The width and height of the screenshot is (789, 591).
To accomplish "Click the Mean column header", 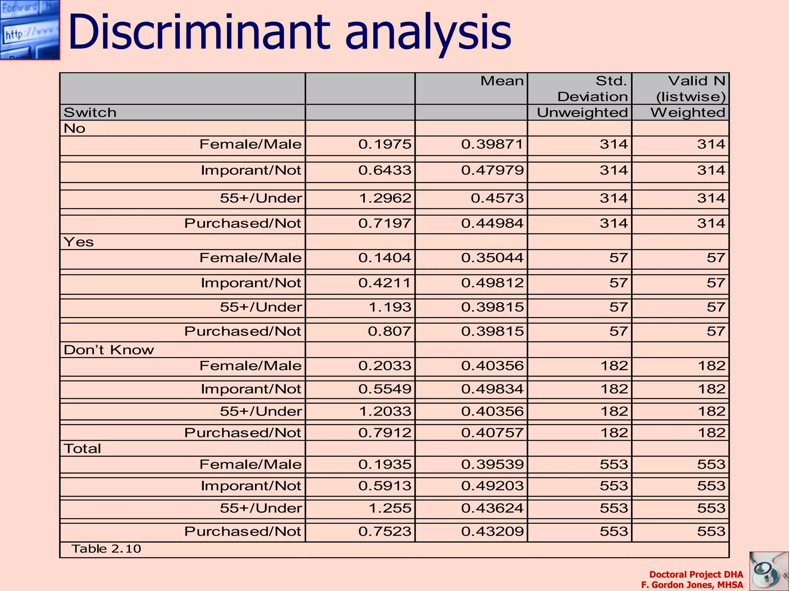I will (x=502, y=81).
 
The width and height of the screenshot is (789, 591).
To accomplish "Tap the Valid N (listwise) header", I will (x=691, y=89).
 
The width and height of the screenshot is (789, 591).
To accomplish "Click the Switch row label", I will (x=90, y=113).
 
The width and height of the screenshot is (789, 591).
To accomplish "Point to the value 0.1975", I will (x=385, y=144).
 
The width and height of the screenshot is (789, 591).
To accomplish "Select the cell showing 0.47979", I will (x=492, y=170).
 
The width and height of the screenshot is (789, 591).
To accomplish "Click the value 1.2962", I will (x=385, y=198).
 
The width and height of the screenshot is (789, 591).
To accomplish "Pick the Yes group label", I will (x=79, y=242).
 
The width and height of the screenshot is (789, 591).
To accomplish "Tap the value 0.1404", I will (x=385, y=258).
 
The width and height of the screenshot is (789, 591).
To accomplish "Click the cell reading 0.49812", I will (x=492, y=283).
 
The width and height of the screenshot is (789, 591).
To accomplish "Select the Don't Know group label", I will (x=109, y=350).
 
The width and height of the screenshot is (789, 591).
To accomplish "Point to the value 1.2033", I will (x=385, y=411).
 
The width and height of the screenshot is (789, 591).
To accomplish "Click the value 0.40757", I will (x=492, y=433).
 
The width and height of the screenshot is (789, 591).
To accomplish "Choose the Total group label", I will (x=82, y=449).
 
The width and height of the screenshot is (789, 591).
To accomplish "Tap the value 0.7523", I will (x=385, y=531).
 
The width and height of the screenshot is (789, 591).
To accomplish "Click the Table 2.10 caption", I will (x=106, y=549).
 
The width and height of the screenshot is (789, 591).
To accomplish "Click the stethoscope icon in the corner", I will (x=769, y=571).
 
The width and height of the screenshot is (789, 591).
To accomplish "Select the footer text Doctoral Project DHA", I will (x=696, y=574).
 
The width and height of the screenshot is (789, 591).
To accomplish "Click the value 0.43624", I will (x=492, y=508).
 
